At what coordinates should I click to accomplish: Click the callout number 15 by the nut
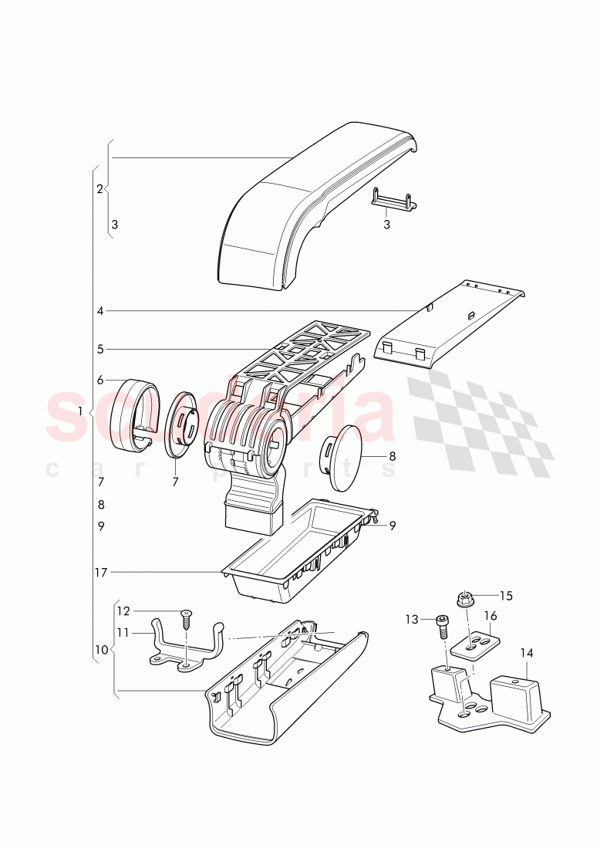click(x=506, y=595)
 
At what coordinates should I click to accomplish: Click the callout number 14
click(x=526, y=652)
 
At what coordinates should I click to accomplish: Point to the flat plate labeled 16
click(x=474, y=644)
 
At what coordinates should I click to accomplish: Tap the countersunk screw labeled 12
click(x=186, y=617)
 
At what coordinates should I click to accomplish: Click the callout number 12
click(x=123, y=610)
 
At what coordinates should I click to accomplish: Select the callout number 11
click(x=123, y=631)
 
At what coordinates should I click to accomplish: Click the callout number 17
click(x=100, y=572)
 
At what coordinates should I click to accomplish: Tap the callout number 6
click(x=100, y=380)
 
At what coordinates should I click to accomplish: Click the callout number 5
click(x=100, y=349)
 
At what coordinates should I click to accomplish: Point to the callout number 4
click(x=100, y=311)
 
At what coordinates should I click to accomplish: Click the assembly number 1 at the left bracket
click(x=80, y=411)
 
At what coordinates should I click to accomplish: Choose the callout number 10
click(x=100, y=650)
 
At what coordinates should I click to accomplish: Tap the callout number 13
click(x=411, y=618)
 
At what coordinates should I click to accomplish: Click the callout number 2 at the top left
click(x=100, y=188)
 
